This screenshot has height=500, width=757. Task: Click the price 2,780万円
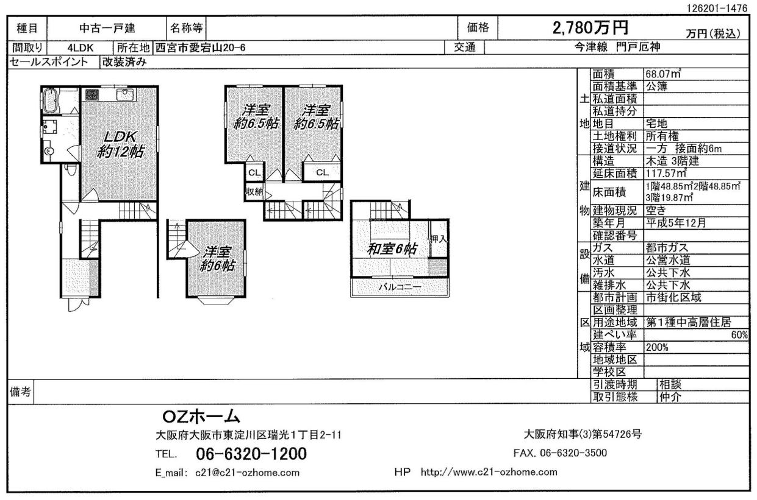point(590,27)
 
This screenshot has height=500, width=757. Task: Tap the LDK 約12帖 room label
point(120,144)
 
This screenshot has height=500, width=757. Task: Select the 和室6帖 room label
point(392,249)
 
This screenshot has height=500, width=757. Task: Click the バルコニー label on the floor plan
point(400,287)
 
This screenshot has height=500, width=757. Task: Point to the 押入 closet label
point(439,239)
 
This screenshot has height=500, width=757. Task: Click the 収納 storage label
point(254,192)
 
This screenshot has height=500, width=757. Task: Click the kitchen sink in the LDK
point(126,94)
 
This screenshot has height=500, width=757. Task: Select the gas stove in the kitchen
point(91,94)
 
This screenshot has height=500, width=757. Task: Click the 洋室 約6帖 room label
point(217,259)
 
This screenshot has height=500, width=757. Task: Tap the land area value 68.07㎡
point(662,74)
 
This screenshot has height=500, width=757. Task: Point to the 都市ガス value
point(667,248)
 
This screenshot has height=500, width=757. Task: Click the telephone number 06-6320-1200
point(251,454)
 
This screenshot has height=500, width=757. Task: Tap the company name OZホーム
point(201,417)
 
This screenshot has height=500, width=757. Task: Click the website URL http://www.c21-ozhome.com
point(489,472)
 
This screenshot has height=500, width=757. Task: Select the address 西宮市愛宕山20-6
point(200,48)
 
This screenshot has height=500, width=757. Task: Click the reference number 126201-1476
point(717,9)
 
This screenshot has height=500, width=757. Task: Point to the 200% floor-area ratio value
point(657,348)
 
